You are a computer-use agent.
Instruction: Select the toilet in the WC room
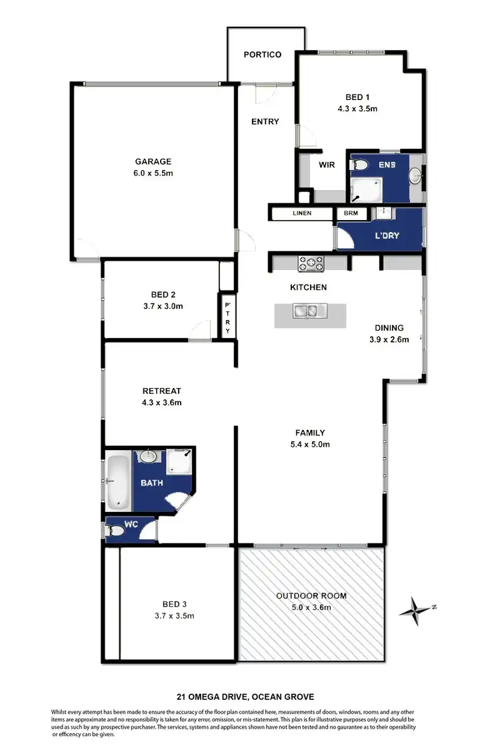point(115,531)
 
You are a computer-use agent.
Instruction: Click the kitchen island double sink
point(311,310)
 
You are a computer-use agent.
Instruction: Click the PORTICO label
point(262,55)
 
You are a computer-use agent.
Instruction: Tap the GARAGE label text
point(153,161)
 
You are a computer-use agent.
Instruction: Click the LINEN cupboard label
point(301,213)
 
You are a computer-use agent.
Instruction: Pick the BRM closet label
point(349,213)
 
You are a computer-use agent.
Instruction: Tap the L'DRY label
point(387,235)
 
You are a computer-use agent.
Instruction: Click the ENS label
point(388,164)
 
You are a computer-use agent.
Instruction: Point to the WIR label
point(327,165)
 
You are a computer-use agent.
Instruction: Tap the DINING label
point(389,327)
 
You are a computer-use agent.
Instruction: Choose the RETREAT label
point(162,391)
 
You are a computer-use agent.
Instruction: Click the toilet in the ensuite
point(361,165)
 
